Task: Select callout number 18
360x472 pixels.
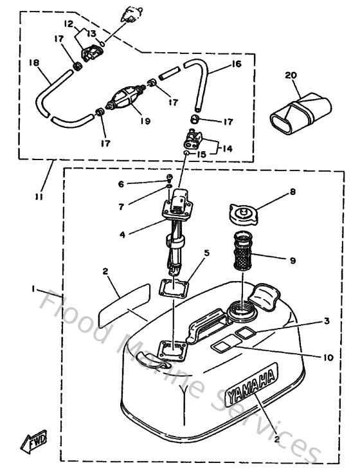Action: (x=33, y=62)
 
